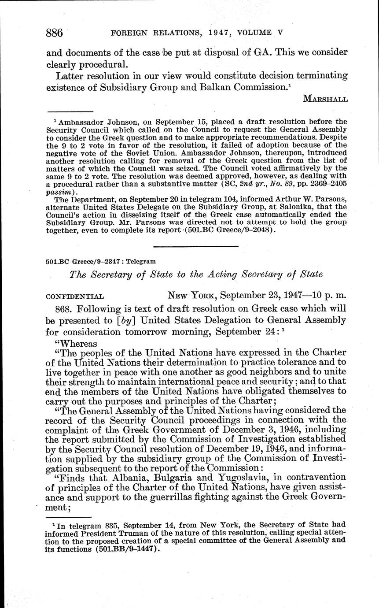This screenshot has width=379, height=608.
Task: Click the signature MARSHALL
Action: (x=325, y=99)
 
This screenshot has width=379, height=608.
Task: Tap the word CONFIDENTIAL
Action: (x=75, y=297)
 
